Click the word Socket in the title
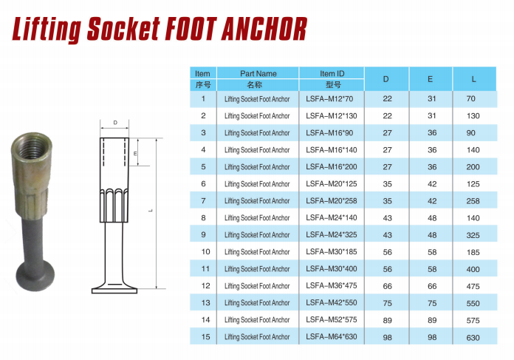(122, 29)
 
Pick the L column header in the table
(473, 78)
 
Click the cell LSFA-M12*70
(329, 99)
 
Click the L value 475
(473, 286)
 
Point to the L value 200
(473, 167)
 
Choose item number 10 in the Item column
(203, 252)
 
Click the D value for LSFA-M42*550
(387, 303)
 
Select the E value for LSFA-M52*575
(432, 320)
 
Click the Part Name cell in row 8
(257, 218)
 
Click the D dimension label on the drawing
(114, 123)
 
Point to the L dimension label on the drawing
(150, 211)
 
